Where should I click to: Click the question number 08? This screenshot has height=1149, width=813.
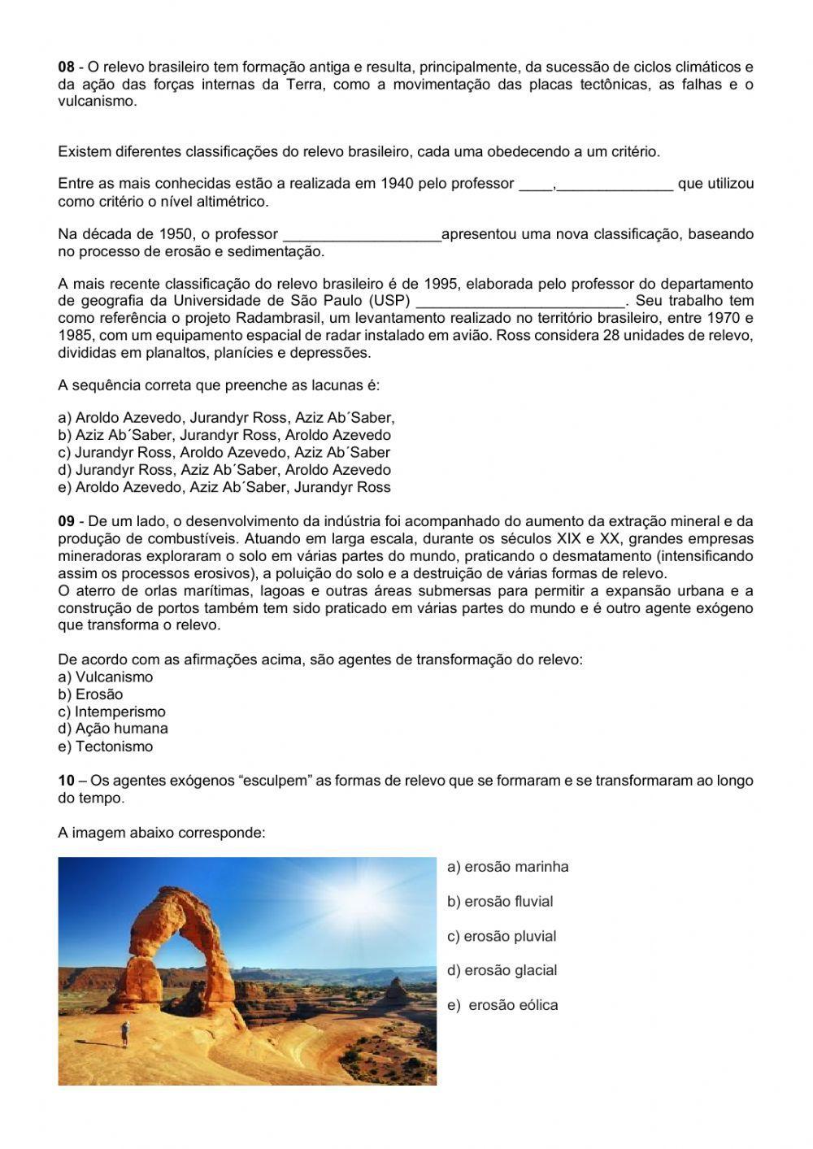click(66, 67)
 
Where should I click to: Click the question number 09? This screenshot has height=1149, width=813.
click(66, 521)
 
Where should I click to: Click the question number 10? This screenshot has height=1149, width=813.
click(66, 781)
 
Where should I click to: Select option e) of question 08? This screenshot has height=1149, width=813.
click(224, 488)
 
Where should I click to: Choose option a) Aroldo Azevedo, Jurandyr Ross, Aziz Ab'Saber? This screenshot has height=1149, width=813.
click(226, 418)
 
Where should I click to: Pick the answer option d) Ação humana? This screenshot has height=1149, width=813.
click(113, 729)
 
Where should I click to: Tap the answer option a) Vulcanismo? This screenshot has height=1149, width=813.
click(106, 677)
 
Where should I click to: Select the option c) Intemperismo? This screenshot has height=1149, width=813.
click(111, 712)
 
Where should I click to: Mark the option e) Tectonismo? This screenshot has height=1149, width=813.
click(106, 746)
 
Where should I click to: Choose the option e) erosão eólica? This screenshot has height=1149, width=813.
click(503, 1005)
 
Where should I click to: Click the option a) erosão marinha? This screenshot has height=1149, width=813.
click(508, 867)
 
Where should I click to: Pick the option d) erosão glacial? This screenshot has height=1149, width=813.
click(502, 970)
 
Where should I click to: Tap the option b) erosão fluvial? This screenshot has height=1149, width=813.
click(500, 902)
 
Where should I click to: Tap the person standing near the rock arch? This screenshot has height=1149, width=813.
click(124, 1033)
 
